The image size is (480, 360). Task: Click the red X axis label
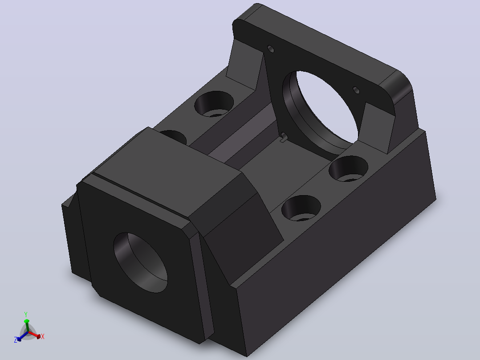pyautogui.click(x=43, y=336)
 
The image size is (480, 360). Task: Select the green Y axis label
pyautogui.click(x=26, y=315)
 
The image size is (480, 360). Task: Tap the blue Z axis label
pyautogui.click(x=16, y=340)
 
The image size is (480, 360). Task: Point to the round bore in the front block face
pyautogui.click(x=141, y=262)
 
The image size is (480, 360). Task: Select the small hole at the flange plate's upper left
pyautogui.click(x=271, y=49)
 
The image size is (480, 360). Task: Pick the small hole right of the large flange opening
pyautogui.click(x=356, y=90)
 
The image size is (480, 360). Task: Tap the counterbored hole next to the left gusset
pyautogui.click(x=214, y=103)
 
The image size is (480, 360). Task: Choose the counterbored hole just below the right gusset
pyautogui.click(x=348, y=168)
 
